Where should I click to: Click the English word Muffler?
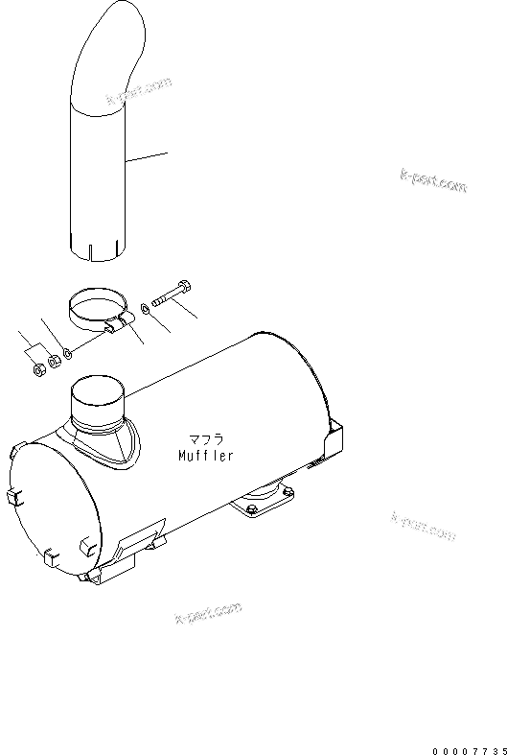pos(206,457)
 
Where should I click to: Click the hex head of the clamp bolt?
pos(185,284)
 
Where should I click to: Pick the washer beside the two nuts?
pos(65,356)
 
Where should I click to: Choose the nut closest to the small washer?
pos(53,361)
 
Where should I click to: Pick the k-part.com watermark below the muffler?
pos(208,611)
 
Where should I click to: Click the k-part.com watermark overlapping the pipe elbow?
pos(141,91)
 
